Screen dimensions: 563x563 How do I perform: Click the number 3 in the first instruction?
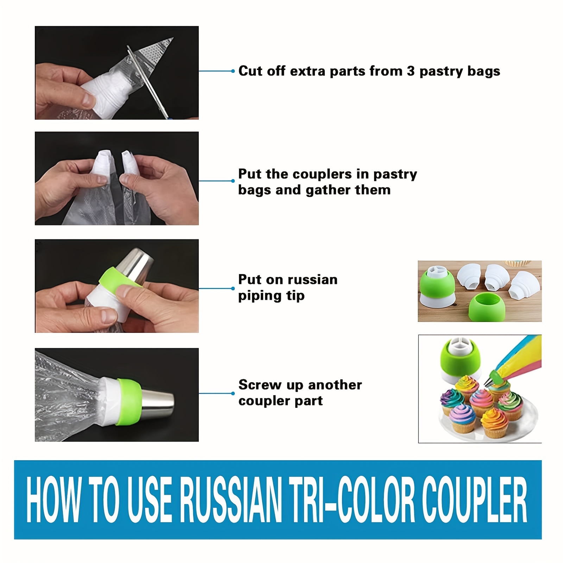point(411,71)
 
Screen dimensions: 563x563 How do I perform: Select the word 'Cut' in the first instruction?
point(251,71)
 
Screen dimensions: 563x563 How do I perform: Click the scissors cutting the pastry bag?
point(148,81)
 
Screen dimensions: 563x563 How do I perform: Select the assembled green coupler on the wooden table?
point(437,285)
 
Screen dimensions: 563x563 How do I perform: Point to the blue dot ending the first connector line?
point(233,71)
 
